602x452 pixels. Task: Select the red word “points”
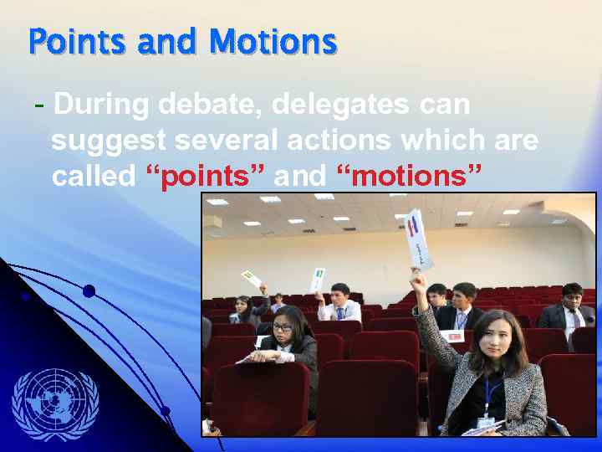click(x=205, y=177)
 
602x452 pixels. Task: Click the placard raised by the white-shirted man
click(x=318, y=277)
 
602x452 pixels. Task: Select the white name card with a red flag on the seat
click(x=456, y=336)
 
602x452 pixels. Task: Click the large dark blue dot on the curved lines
click(x=89, y=291)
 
